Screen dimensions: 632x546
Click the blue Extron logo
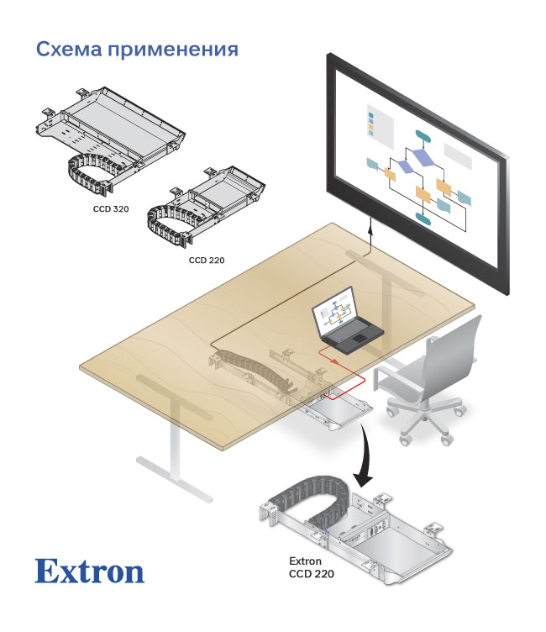(x=89, y=571)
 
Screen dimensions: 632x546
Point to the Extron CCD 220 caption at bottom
(x=311, y=568)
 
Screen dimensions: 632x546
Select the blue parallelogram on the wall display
(x=424, y=158)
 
